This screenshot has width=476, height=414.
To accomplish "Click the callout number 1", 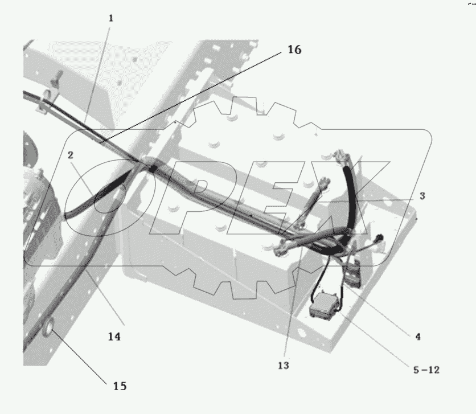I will click(111, 18).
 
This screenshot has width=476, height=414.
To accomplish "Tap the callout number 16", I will click(294, 50).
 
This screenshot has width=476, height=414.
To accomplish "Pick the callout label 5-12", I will click(426, 370).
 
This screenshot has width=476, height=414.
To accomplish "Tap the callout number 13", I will click(283, 365).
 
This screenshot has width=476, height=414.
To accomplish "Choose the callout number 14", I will click(114, 337).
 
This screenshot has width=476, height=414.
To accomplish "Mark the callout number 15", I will click(119, 386).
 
